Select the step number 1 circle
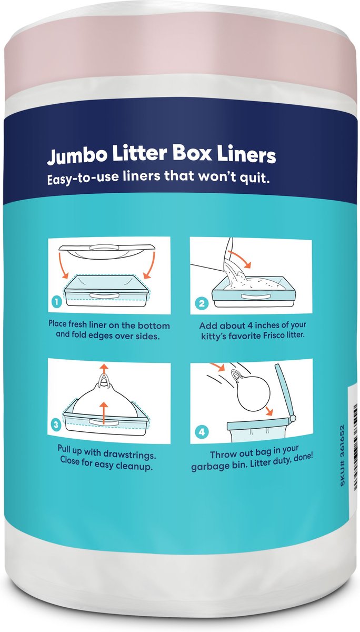(x=57, y=302)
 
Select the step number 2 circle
(x=202, y=303)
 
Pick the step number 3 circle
(x=56, y=425)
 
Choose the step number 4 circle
(x=202, y=432)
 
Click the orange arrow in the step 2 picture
(x=240, y=257)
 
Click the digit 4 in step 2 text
(x=250, y=325)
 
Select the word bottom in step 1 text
(x=154, y=325)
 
